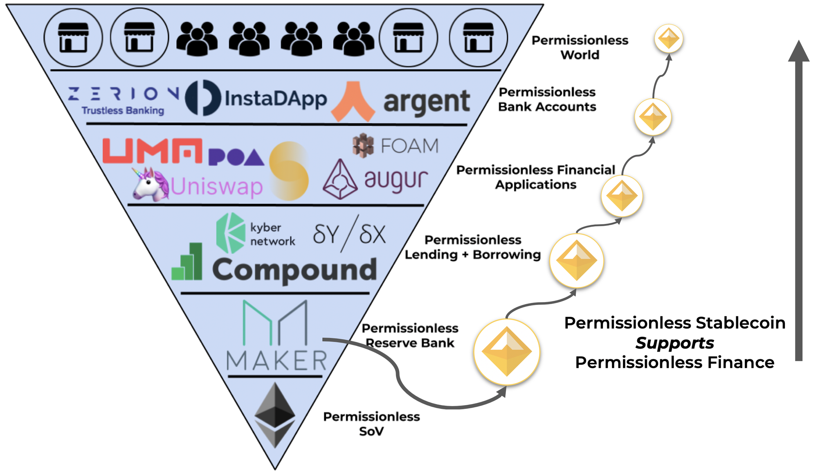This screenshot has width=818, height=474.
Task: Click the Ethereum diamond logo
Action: (x=275, y=414)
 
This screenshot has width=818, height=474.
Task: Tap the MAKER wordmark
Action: (x=277, y=361)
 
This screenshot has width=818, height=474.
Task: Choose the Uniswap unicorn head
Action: (x=150, y=185)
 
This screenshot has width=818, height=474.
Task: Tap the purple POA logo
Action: (x=236, y=157)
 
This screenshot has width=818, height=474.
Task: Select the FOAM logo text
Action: (x=409, y=146)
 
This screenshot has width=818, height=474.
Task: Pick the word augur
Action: (x=396, y=180)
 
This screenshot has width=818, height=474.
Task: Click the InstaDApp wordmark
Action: (x=276, y=99)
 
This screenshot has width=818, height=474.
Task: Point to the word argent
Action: (x=427, y=102)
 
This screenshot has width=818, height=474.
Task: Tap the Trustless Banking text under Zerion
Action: (x=123, y=111)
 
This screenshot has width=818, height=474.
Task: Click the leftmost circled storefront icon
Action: (x=73, y=38)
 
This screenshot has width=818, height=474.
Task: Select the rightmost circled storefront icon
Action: (x=478, y=38)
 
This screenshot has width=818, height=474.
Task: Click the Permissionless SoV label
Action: (x=371, y=424)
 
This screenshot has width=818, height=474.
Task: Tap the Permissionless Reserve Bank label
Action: (x=410, y=335)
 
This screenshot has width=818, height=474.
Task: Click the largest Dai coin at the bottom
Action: (x=507, y=352)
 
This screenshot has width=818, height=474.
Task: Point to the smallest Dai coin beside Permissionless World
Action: (x=669, y=38)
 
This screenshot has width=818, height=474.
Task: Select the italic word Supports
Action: (x=674, y=343)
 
